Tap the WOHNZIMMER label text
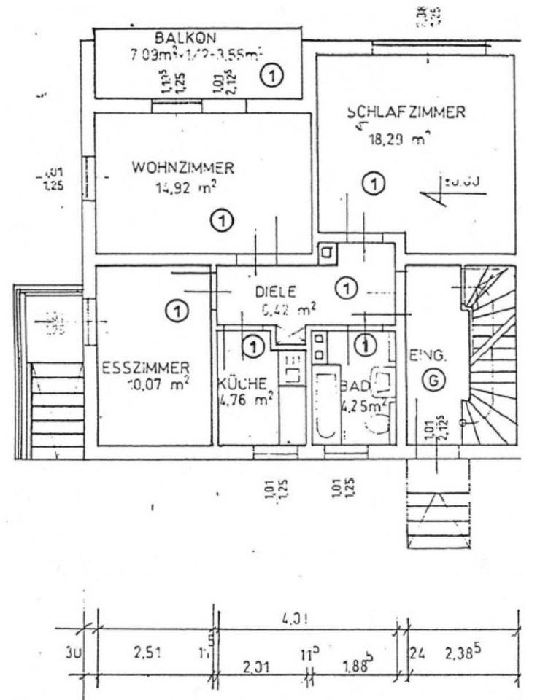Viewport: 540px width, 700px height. tap(182, 168)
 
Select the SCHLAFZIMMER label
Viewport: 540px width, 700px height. tap(406, 113)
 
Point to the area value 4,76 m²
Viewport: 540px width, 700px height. tap(247, 400)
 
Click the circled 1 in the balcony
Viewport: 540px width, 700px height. tap(273, 74)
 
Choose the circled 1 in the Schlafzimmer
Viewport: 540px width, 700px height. tap(374, 184)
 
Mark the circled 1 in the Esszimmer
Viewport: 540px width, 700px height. tap(175, 312)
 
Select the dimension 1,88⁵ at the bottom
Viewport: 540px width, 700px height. tap(358, 665)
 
